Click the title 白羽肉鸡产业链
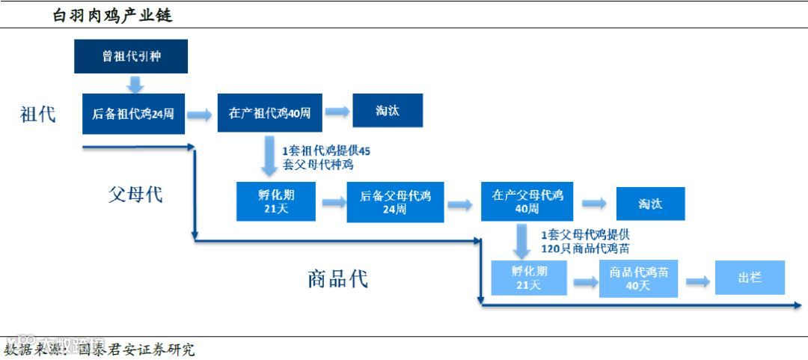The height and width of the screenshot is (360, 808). (112, 15)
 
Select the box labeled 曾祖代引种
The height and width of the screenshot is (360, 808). (131, 56)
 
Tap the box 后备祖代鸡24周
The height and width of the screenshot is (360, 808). (133, 114)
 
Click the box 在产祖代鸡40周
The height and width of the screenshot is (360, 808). (269, 114)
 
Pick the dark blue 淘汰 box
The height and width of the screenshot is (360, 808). (388, 111)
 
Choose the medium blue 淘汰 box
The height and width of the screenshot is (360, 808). (650, 204)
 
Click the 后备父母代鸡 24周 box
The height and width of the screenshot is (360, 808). (395, 202)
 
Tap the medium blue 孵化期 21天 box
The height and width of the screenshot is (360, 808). (276, 201)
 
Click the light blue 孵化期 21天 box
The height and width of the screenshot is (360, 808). (530, 278)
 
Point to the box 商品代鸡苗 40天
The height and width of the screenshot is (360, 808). (638, 278)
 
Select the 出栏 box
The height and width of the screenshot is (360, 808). (750, 278)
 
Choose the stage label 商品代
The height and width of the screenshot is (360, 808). (337, 279)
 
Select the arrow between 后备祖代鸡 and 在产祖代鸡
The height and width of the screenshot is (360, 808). (199, 115)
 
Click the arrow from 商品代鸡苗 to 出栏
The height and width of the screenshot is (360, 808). (697, 281)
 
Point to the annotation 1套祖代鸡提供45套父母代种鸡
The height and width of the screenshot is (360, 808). (326, 157)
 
